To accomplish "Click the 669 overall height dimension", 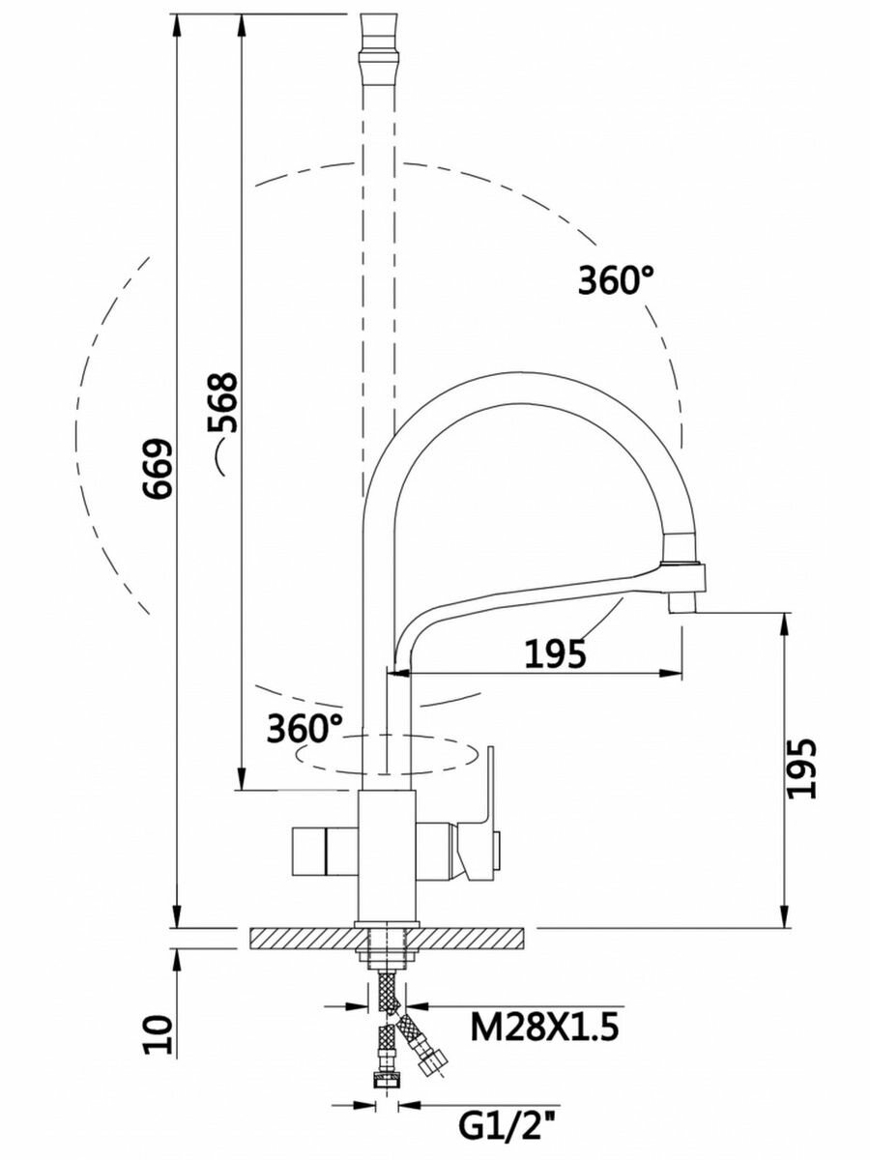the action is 158,468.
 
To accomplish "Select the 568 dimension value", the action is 222,403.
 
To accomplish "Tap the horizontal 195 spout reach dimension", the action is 555,653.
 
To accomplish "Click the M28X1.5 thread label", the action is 544,1026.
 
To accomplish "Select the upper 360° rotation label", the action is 616,280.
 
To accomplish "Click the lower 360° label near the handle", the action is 304,728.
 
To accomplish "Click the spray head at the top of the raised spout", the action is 378,50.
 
